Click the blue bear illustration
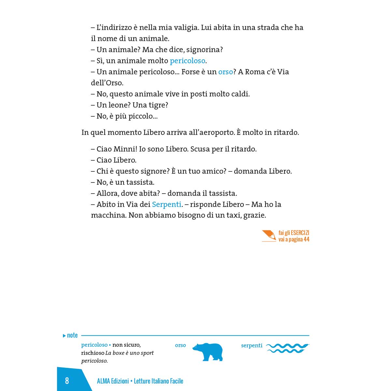pos(208,352)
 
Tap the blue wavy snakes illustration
pos(287,348)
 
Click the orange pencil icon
pos(269,236)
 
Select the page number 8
pos(67,381)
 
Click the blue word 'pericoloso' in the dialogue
pos(188,61)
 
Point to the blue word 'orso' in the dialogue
pos(225,72)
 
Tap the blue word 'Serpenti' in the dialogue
pos(167,204)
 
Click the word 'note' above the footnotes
pos(72,335)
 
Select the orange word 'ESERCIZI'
pos(300,233)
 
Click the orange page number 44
pos(306,239)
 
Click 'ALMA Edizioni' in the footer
pos(113,381)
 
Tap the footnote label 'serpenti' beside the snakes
pos(252,345)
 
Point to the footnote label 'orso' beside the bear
pos(180,345)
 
